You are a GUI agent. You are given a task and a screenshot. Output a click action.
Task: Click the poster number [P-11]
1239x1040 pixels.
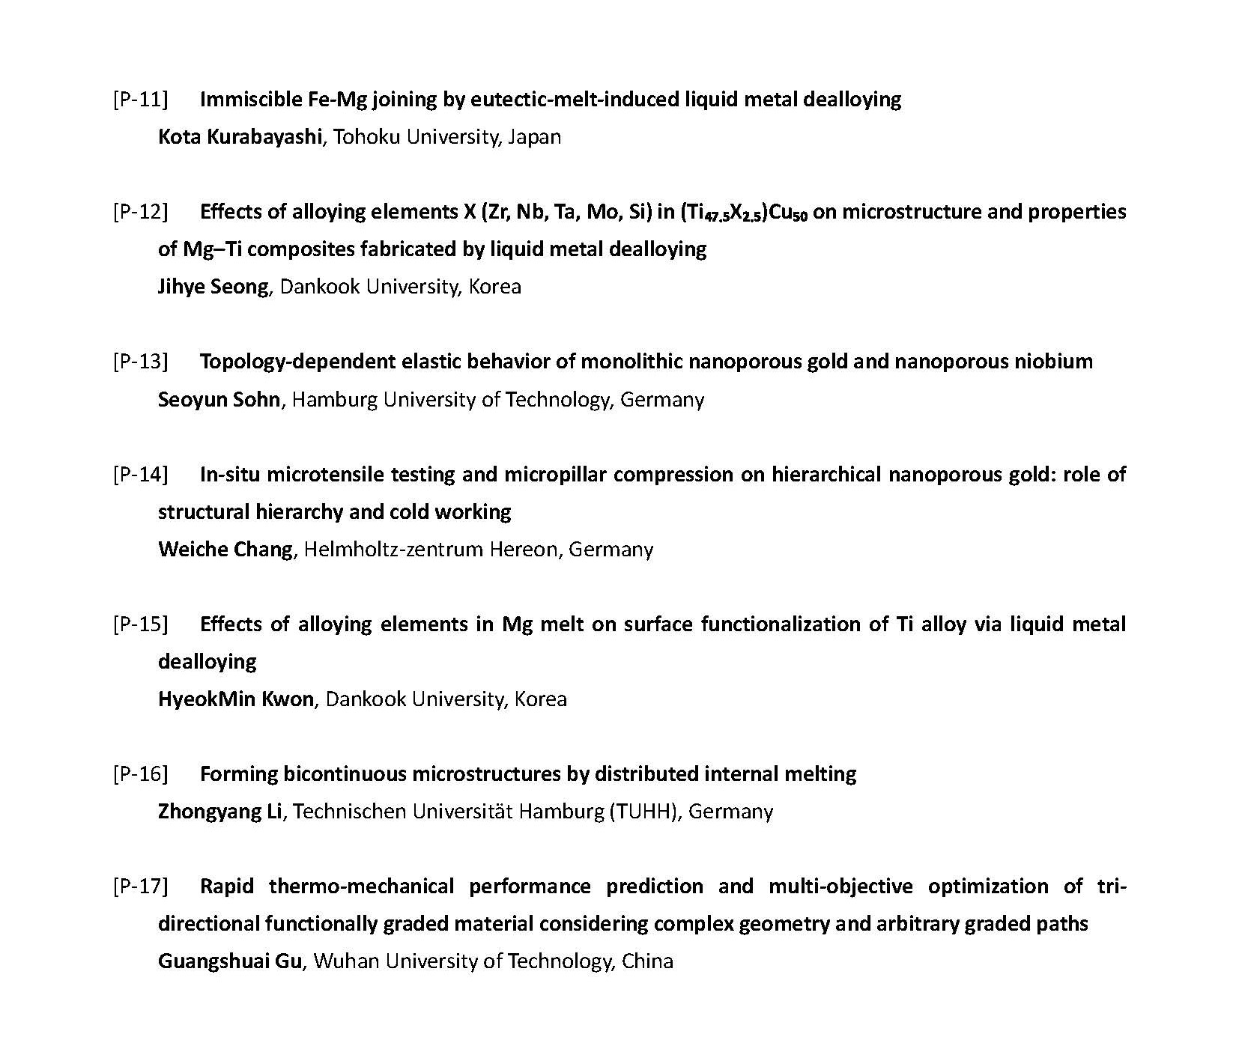click(140, 99)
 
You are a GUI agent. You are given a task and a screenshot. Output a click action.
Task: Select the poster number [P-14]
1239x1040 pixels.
click(140, 474)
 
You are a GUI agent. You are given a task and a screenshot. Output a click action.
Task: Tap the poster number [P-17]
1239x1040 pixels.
click(140, 887)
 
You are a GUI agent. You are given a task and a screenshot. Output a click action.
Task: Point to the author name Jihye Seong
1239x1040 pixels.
click(213, 287)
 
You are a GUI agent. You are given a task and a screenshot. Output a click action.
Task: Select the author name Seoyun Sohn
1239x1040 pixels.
click(219, 400)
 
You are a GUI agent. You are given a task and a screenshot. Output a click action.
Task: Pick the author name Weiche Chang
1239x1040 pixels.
click(225, 550)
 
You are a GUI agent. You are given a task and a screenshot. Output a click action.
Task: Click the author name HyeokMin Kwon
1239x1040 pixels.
click(236, 699)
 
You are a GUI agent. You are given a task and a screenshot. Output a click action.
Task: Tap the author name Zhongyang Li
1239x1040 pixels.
click(220, 812)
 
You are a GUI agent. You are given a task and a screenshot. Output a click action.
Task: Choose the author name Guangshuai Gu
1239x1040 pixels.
click(230, 961)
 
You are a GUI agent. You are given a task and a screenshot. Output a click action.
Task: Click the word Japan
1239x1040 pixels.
click(534, 137)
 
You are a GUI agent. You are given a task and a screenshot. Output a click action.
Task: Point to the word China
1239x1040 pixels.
click(647, 961)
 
